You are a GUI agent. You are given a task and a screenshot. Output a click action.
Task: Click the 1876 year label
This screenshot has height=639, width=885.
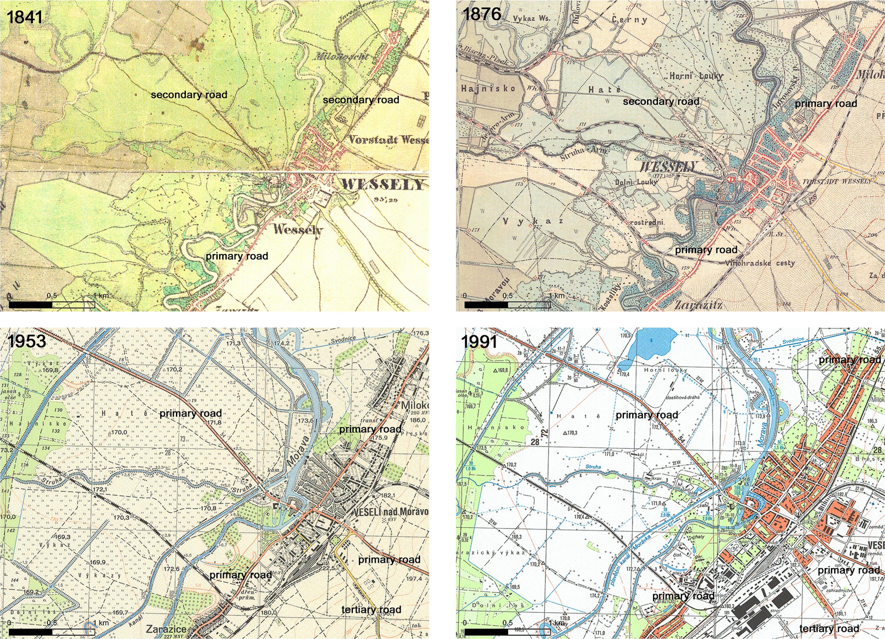pos(481,14)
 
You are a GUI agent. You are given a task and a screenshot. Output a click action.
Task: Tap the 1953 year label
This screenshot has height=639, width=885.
pos(26,342)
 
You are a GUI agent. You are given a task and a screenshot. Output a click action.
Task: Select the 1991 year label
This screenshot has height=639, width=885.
pos(479,342)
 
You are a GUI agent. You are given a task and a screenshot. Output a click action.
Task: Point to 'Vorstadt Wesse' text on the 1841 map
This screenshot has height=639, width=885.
pos(388,139)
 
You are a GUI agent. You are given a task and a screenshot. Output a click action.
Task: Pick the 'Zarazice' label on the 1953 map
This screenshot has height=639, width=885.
pos(166,629)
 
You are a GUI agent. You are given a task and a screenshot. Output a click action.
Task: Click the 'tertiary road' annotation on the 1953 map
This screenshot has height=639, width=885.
pos(371,610)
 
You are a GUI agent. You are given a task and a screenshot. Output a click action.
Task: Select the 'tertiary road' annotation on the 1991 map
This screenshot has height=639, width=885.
pos(829,628)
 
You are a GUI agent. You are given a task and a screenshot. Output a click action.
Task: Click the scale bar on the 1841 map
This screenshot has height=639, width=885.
pos(52,304)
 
